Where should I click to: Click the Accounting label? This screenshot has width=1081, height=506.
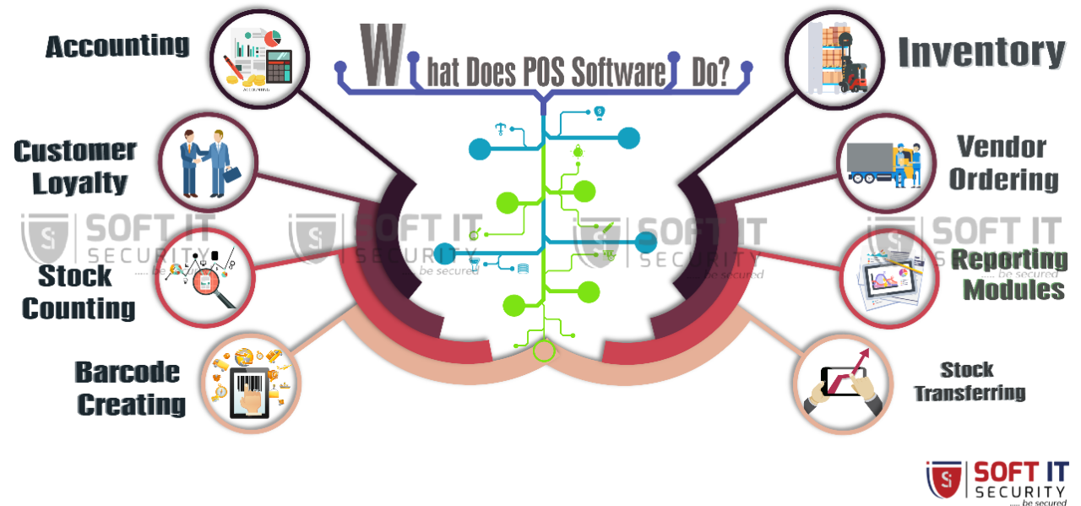[x=117, y=46]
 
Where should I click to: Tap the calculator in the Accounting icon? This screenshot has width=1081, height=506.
[x=278, y=66]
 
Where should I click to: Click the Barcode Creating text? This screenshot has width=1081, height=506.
[x=128, y=388]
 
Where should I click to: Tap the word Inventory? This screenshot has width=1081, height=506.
[x=981, y=52]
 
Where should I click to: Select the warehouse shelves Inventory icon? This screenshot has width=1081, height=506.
[x=834, y=58]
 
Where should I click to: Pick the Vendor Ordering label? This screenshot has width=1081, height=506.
[x=1002, y=163]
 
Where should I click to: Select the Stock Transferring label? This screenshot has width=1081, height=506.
[x=968, y=381]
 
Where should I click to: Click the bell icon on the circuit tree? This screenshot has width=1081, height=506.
[x=578, y=151]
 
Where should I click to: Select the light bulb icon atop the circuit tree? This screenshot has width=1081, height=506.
[x=599, y=112]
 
